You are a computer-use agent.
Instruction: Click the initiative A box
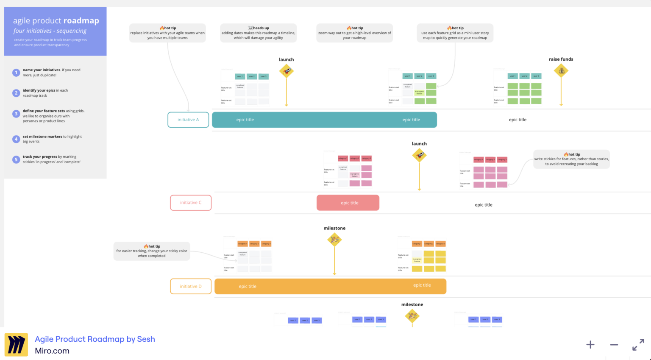pos(188,120)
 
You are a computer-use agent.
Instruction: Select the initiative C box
pos(191,203)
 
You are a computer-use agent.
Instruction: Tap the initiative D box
pos(191,286)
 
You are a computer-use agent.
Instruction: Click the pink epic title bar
pos(348,203)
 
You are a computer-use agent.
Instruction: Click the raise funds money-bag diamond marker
pos(561,71)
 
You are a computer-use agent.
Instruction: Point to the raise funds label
pos(561,59)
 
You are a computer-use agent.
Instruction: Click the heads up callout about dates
pos(258,33)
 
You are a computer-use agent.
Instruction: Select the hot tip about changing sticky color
pos(152,251)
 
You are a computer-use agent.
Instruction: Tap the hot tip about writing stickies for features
pos(571,159)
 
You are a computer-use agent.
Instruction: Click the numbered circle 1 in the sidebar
pos(16,73)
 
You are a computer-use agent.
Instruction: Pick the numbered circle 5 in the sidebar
pos(16,159)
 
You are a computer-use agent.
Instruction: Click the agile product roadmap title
pos(56,21)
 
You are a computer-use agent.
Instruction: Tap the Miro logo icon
pos(16,344)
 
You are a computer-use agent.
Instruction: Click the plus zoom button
pos(590,345)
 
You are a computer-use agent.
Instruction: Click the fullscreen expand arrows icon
pos(638,345)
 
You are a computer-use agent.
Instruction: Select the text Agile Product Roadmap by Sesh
pos(95,339)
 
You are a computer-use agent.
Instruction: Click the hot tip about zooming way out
pos(354,33)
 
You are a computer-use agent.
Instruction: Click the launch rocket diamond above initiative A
pos(287,71)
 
